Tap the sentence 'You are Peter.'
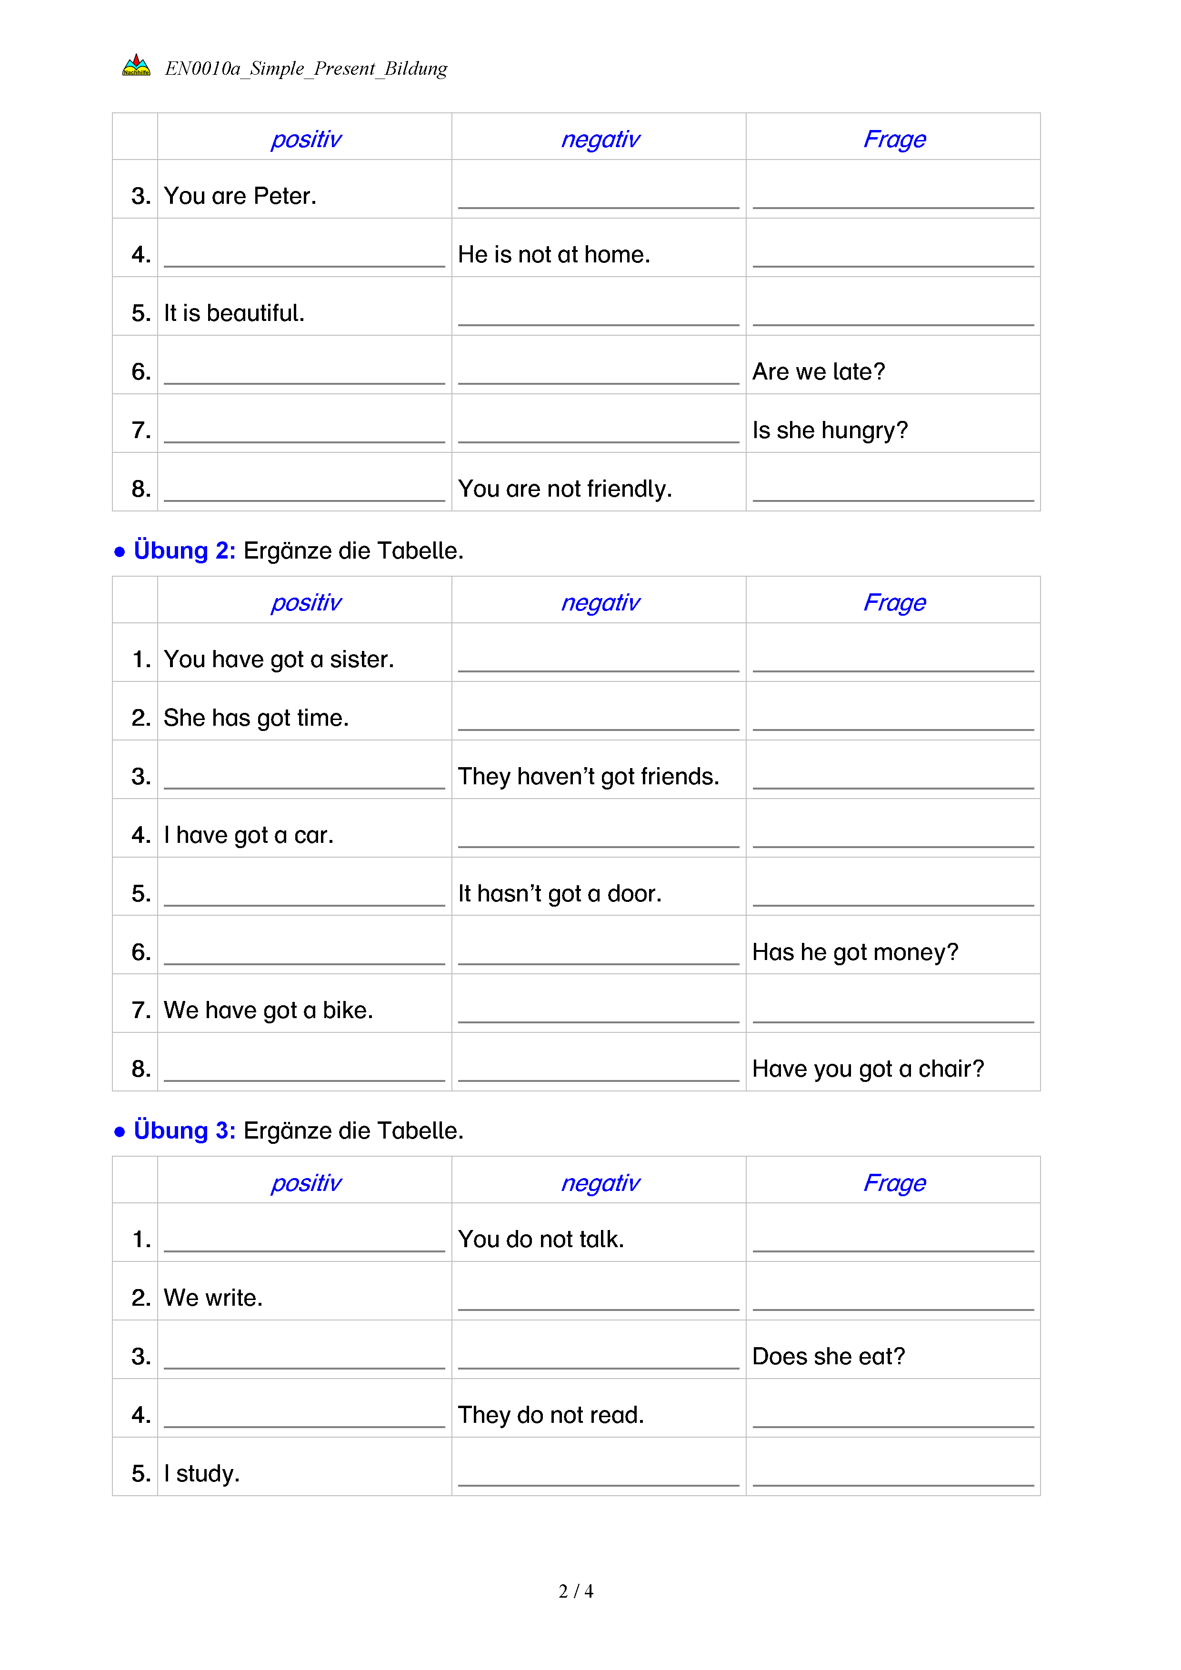(x=240, y=196)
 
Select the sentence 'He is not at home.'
(x=553, y=255)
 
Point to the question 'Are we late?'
(x=818, y=372)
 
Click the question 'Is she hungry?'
(x=830, y=430)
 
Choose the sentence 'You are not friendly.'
(x=564, y=489)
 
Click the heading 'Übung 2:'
(x=184, y=550)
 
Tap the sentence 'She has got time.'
(x=256, y=718)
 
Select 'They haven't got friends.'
(x=588, y=777)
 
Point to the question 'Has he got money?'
(x=854, y=952)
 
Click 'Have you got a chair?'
(x=868, y=1069)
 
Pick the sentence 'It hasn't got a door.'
(x=559, y=894)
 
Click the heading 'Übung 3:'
(x=184, y=1131)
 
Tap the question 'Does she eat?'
(x=828, y=1357)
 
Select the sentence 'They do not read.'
(x=550, y=1415)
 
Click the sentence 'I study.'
(x=201, y=1474)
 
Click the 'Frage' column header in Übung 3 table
(x=894, y=1183)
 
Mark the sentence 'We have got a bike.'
(x=268, y=1010)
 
